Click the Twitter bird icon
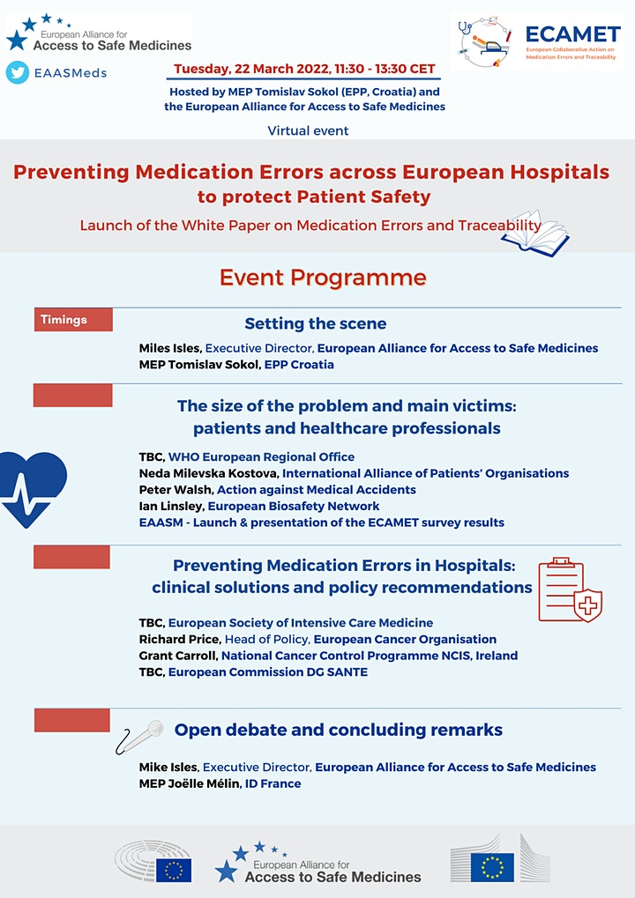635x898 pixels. (18, 73)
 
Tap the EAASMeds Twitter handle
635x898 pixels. (70, 73)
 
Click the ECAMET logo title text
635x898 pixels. (571, 34)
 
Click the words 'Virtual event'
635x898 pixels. (308, 130)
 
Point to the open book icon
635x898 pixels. (542, 231)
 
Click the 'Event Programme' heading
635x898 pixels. (323, 278)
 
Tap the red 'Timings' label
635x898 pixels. (73, 320)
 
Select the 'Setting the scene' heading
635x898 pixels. (316, 323)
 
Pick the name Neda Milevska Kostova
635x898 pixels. (208, 473)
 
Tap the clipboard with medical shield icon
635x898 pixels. (570, 589)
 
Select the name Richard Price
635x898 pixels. (179, 639)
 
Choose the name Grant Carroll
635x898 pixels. (178, 656)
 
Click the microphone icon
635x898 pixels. (141, 736)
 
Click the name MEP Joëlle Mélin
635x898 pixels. (190, 783)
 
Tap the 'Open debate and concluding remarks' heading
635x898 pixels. (339, 730)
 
